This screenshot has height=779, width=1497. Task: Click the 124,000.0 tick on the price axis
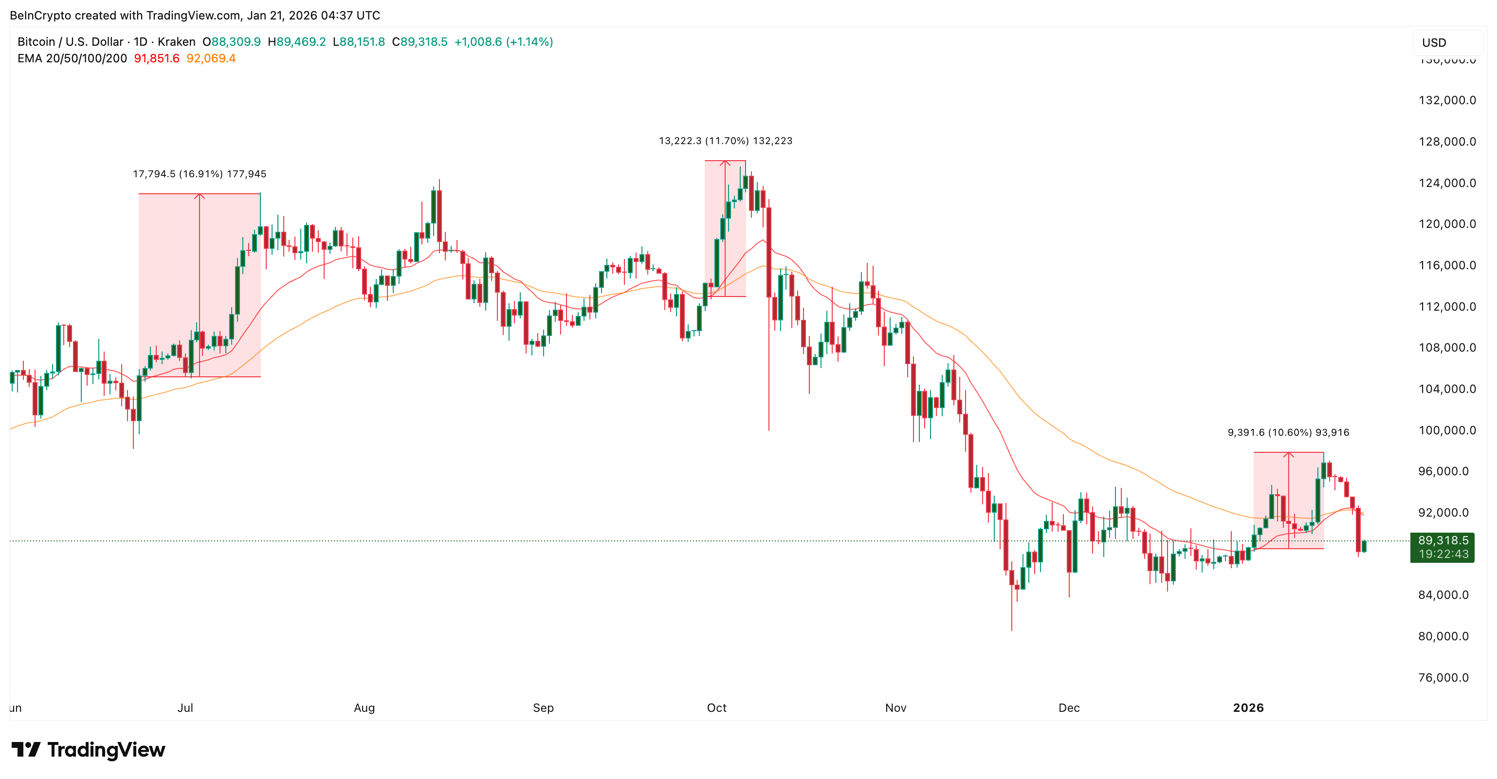pyautogui.click(x=1446, y=183)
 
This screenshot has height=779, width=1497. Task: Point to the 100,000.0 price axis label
pyautogui.click(x=1446, y=430)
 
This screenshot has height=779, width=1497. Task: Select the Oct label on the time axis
pyautogui.click(x=716, y=707)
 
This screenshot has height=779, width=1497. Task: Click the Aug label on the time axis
pyautogui.click(x=365, y=707)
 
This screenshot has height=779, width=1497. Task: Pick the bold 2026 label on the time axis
pyautogui.click(x=1248, y=707)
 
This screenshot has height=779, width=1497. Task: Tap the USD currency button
pyautogui.click(x=1434, y=42)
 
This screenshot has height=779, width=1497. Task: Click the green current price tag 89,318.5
pyautogui.click(x=1442, y=540)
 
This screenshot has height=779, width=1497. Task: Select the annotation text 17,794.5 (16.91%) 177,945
pyautogui.click(x=200, y=174)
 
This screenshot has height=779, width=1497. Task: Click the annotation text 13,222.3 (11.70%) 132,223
pyautogui.click(x=725, y=141)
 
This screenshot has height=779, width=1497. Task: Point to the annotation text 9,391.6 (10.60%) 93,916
pyautogui.click(x=1288, y=432)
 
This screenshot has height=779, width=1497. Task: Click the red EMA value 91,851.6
pyautogui.click(x=156, y=58)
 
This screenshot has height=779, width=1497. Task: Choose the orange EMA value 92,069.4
pyautogui.click(x=211, y=58)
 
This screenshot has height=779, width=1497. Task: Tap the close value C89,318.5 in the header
pyautogui.click(x=420, y=42)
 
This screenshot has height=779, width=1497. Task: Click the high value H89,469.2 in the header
pyautogui.click(x=296, y=42)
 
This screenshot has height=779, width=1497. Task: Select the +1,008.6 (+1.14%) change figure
pyautogui.click(x=503, y=42)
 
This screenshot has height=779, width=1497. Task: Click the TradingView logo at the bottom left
pyautogui.click(x=89, y=750)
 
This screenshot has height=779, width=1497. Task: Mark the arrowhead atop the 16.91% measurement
pyautogui.click(x=200, y=195)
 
